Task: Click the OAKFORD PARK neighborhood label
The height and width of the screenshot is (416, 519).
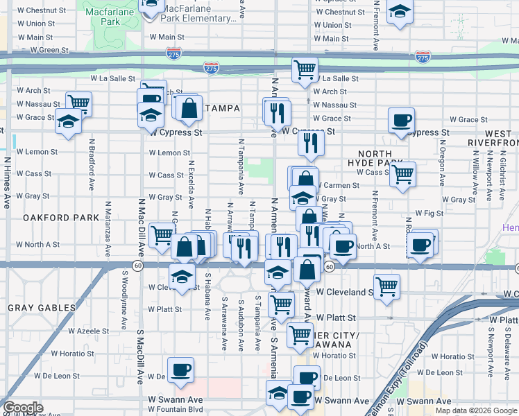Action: [x=61, y=217]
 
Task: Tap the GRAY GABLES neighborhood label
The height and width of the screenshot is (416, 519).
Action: [x=42, y=307]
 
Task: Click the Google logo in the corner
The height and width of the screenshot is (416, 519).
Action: [x=23, y=408]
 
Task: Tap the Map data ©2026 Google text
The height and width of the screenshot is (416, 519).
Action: [x=475, y=410]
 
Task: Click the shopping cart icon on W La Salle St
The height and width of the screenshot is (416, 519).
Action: [x=305, y=69]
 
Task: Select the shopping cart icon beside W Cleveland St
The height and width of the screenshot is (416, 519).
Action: [x=386, y=285]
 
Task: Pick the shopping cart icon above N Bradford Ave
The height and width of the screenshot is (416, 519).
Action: [x=79, y=103]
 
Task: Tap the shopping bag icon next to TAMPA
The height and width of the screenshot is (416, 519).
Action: [x=189, y=107]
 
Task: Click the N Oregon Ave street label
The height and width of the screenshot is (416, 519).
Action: [x=441, y=164]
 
